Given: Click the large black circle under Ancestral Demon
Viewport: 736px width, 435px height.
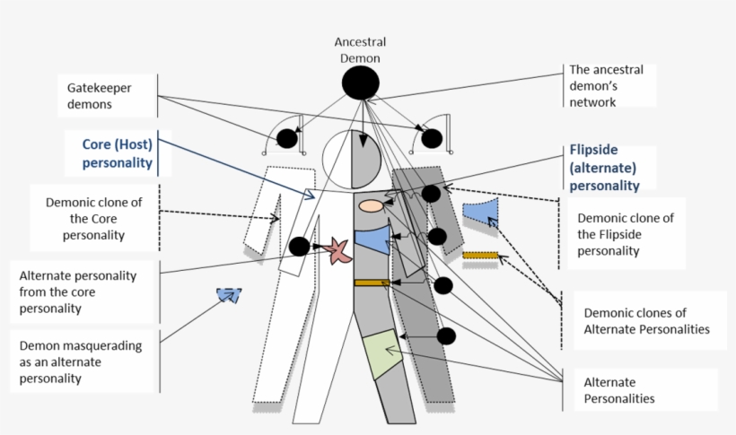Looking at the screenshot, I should (362, 84).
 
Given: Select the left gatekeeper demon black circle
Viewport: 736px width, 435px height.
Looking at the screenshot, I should (286, 138).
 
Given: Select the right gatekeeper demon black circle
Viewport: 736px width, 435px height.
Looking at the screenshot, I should (432, 138).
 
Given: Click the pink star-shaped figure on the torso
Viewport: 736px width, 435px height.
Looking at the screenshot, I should (337, 250).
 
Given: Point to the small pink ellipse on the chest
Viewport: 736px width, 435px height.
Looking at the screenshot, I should (372, 205).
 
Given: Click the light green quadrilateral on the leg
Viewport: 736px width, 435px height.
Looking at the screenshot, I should (381, 354).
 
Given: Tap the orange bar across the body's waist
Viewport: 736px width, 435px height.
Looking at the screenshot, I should (371, 283).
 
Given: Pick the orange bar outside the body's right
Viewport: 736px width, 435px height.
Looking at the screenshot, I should (479, 256).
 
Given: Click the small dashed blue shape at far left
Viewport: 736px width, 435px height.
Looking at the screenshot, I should (229, 294).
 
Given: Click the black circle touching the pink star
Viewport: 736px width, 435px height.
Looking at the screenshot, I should (300, 247).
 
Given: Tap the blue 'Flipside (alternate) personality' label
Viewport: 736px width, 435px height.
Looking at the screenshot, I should (605, 169).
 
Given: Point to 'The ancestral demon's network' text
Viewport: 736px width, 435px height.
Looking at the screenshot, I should (606, 86).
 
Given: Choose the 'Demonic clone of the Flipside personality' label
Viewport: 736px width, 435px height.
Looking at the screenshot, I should (626, 234).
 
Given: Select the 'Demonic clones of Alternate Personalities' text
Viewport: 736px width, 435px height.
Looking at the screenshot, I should (646, 321).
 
